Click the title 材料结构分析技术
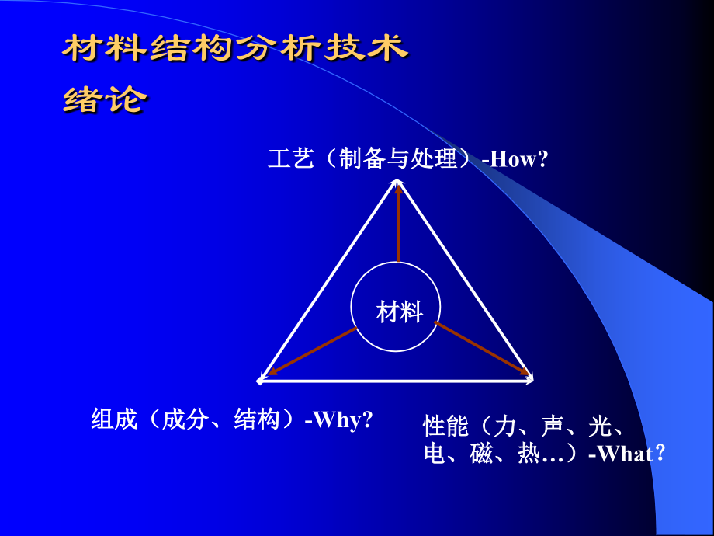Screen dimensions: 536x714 pyautogui.click(x=235, y=48)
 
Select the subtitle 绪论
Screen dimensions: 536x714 pyautogui.click(x=103, y=99)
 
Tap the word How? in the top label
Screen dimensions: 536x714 pyautogui.click(x=518, y=160)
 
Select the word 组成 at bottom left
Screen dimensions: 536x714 pyautogui.click(x=114, y=420)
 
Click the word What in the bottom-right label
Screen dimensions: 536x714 pyautogui.click(x=626, y=454)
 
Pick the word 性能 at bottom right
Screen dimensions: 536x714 pyautogui.click(x=445, y=426)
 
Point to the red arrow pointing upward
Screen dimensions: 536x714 pyautogui.click(x=398, y=225)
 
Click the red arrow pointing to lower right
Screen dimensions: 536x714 pyautogui.click(x=483, y=349)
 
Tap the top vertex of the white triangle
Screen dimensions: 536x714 pyautogui.click(x=398, y=179)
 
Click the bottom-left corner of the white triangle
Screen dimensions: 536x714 pyautogui.click(x=261, y=381)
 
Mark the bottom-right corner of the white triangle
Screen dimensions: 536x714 pyautogui.click(x=532, y=380)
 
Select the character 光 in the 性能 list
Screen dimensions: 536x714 pyautogui.click(x=600, y=426)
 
